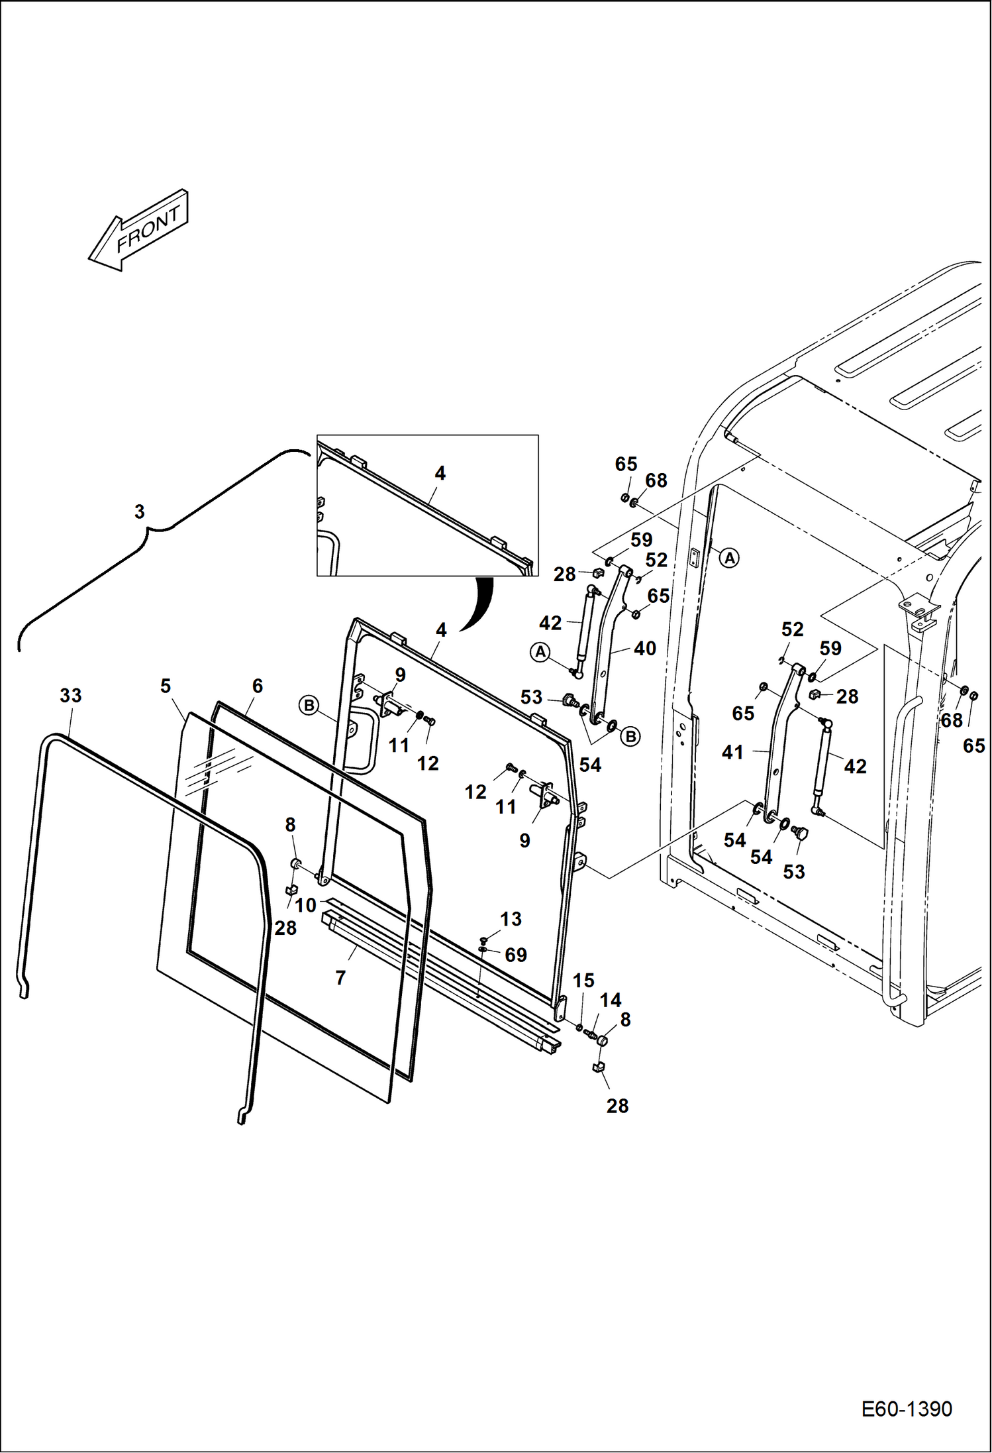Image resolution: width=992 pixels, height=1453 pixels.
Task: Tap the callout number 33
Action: (71, 696)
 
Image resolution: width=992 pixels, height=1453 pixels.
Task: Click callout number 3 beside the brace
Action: (139, 511)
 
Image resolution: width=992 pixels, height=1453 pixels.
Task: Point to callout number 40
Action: (645, 648)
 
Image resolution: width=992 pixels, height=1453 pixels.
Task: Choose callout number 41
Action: (732, 752)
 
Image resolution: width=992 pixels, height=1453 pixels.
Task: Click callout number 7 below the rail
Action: (340, 978)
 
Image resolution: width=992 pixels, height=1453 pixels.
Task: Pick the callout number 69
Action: (516, 955)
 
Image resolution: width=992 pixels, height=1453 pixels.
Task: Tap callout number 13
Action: (511, 919)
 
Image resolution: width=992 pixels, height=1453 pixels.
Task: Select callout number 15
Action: (583, 980)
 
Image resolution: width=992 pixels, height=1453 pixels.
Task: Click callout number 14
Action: (611, 1000)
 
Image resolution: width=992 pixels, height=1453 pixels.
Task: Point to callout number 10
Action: (305, 905)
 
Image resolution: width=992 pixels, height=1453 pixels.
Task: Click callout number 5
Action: (166, 686)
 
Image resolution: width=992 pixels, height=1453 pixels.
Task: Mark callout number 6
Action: (258, 686)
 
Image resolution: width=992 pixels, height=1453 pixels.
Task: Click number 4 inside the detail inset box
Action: (440, 473)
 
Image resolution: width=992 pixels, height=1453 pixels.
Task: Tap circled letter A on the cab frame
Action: (729, 558)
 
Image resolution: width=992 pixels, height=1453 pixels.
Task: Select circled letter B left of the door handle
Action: (309, 706)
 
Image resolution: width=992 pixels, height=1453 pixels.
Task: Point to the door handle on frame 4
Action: (363, 742)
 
